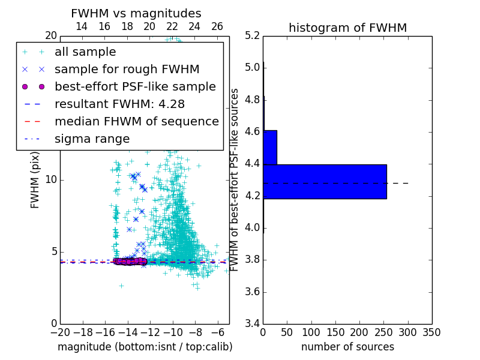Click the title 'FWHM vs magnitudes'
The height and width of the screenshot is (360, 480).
(x=136, y=14)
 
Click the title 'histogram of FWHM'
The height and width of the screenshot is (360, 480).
(x=347, y=28)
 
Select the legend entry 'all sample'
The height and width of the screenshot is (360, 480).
(x=85, y=52)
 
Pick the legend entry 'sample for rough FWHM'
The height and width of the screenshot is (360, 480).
(x=127, y=70)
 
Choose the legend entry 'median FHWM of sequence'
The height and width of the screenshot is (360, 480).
(x=136, y=122)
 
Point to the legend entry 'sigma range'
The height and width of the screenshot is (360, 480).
(x=92, y=139)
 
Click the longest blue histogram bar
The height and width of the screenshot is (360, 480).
(x=325, y=181)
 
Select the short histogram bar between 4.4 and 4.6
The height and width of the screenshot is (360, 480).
(x=270, y=147)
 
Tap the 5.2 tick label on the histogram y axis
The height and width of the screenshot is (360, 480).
(x=253, y=35)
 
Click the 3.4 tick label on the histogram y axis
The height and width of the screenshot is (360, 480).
(x=253, y=324)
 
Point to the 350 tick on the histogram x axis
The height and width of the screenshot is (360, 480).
(x=432, y=332)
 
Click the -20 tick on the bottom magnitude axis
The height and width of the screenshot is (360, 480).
(x=60, y=332)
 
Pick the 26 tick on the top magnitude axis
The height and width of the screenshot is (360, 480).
(x=217, y=27)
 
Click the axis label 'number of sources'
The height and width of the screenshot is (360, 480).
(x=347, y=347)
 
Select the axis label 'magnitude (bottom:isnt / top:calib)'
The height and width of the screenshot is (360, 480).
(x=145, y=347)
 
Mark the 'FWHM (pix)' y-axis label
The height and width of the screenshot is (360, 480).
(x=35, y=180)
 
